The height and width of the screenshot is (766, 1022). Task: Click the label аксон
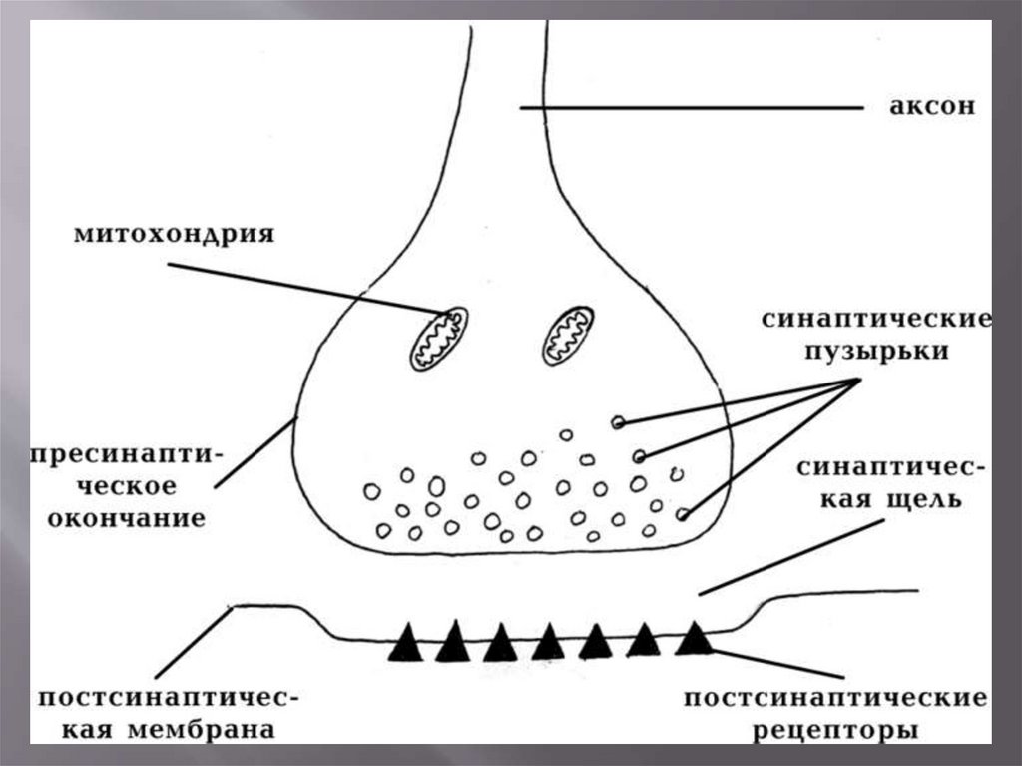point(930,106)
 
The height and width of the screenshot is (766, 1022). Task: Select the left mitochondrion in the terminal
point(438,339)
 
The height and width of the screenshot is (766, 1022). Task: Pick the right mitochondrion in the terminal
point(568,335)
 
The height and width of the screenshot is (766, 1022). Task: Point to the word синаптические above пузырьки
point(876,321)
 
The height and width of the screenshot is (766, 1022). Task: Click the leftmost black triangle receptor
point(405,644)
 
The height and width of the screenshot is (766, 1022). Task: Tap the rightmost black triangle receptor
point(693,638)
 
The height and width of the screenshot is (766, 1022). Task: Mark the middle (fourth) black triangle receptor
point(548,642)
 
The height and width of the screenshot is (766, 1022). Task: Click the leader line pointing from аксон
point(689,107)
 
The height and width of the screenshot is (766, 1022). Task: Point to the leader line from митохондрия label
point(299,287)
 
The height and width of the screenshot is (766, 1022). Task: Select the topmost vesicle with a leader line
point(618,423)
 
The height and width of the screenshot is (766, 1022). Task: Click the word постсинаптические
point(834,699)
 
